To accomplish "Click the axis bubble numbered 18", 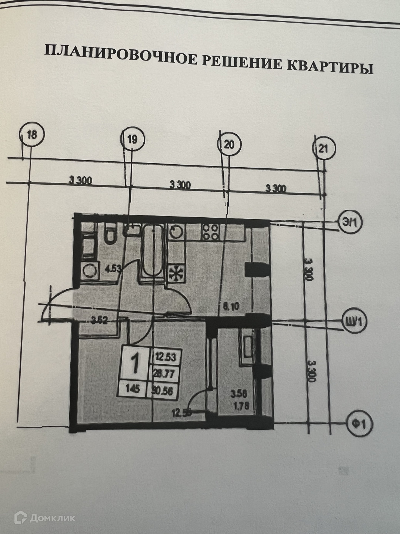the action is point(32,135).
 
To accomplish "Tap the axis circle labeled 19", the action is point(132,139).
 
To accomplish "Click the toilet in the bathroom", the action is point(110,234).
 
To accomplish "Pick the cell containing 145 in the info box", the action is point(132,390).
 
